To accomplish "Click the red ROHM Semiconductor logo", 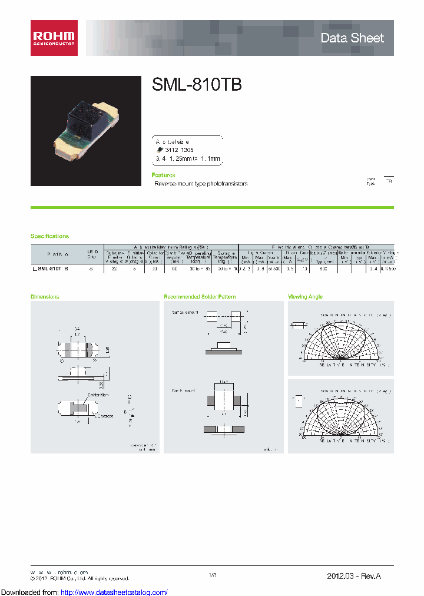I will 54,38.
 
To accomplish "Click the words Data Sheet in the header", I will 352,38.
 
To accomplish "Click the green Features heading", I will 163,176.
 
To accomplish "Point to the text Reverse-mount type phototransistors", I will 201,184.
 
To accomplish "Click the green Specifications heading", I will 50,236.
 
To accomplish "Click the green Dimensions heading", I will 45,297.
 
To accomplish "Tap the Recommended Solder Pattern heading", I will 200,297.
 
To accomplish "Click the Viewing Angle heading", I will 305,297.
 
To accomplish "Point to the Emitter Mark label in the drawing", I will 98,396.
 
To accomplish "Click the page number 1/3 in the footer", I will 213,575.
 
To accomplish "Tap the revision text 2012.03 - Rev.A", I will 357,575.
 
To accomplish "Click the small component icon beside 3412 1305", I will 160,150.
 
